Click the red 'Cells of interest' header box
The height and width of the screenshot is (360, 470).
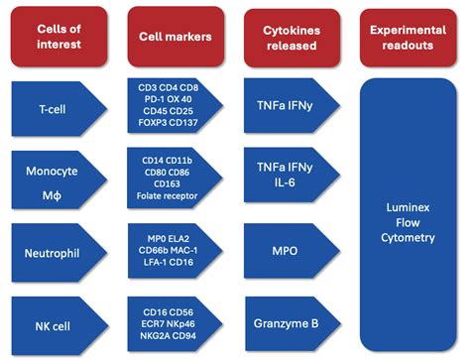(56, 37)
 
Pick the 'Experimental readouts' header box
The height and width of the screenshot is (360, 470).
(410, 37)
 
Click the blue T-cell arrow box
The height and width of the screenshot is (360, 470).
(56, 107)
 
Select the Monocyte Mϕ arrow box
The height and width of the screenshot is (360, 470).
(56, 179)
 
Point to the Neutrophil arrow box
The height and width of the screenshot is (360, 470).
(56, 253)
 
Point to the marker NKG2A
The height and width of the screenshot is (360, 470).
(154, 335)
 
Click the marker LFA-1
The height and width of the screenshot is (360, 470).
(155, 265)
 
